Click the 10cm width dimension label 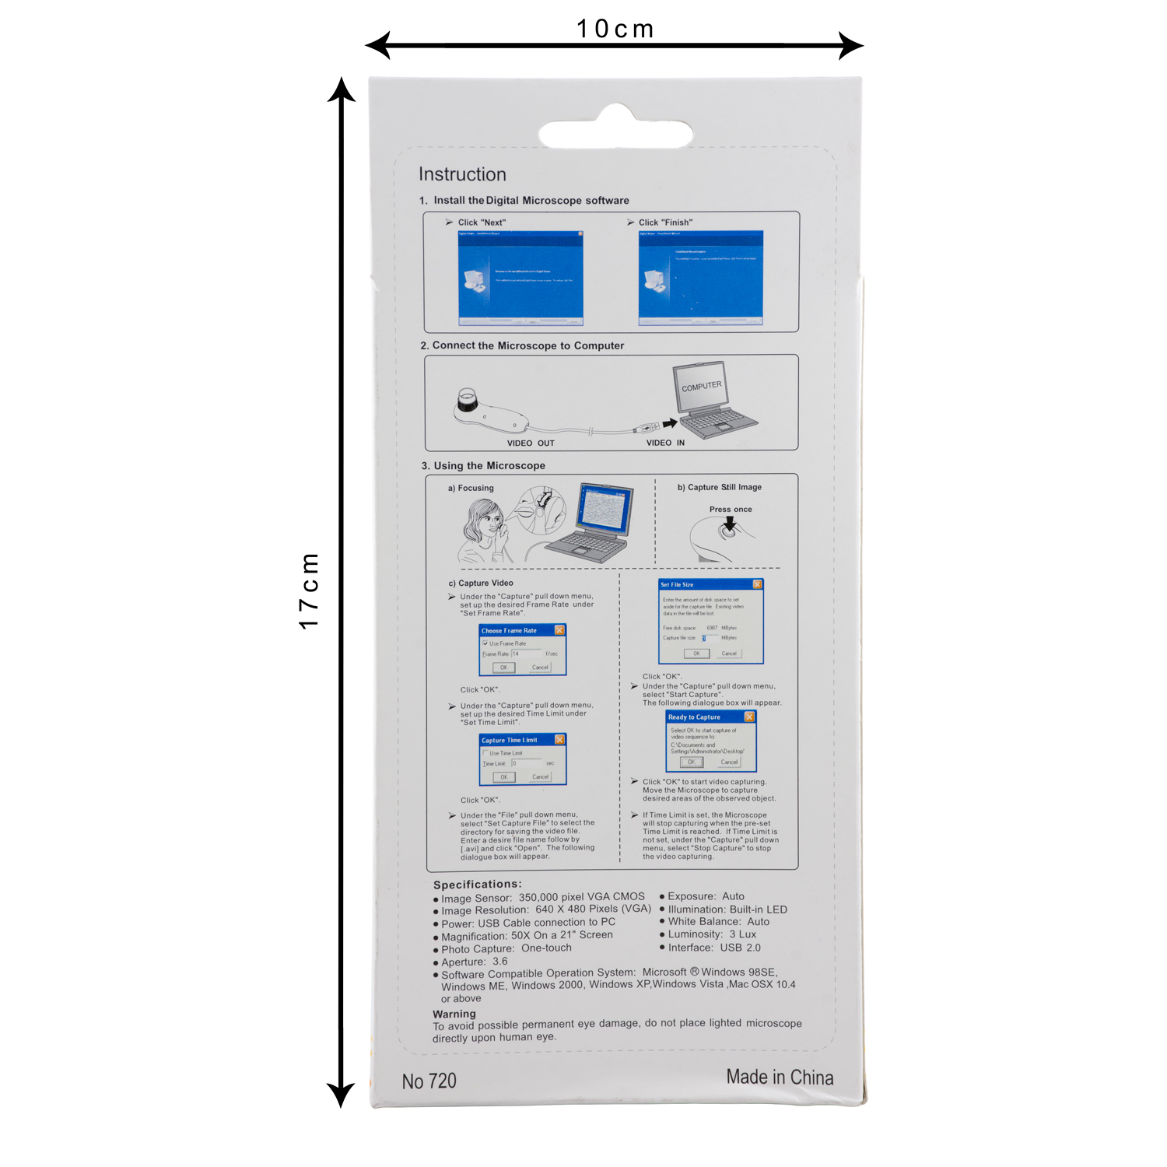click(615, 29)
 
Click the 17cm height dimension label click(309, 591)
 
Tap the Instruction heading click(462, 174)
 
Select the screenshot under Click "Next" click(520, 278)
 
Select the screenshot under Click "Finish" click(700, 278)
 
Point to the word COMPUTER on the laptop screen click(702, 386)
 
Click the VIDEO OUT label click(531, 443)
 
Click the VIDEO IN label click(665, 443)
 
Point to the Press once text click(731, 510)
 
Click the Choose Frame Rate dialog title click(509, 631)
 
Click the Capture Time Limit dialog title click(510, 741)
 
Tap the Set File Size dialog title click(677, 584)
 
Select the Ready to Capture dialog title click(694, 717)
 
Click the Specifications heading click(477, 885)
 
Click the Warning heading click(454, 1014)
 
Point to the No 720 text click(429, 1081)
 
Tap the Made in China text click(780, 1078)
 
